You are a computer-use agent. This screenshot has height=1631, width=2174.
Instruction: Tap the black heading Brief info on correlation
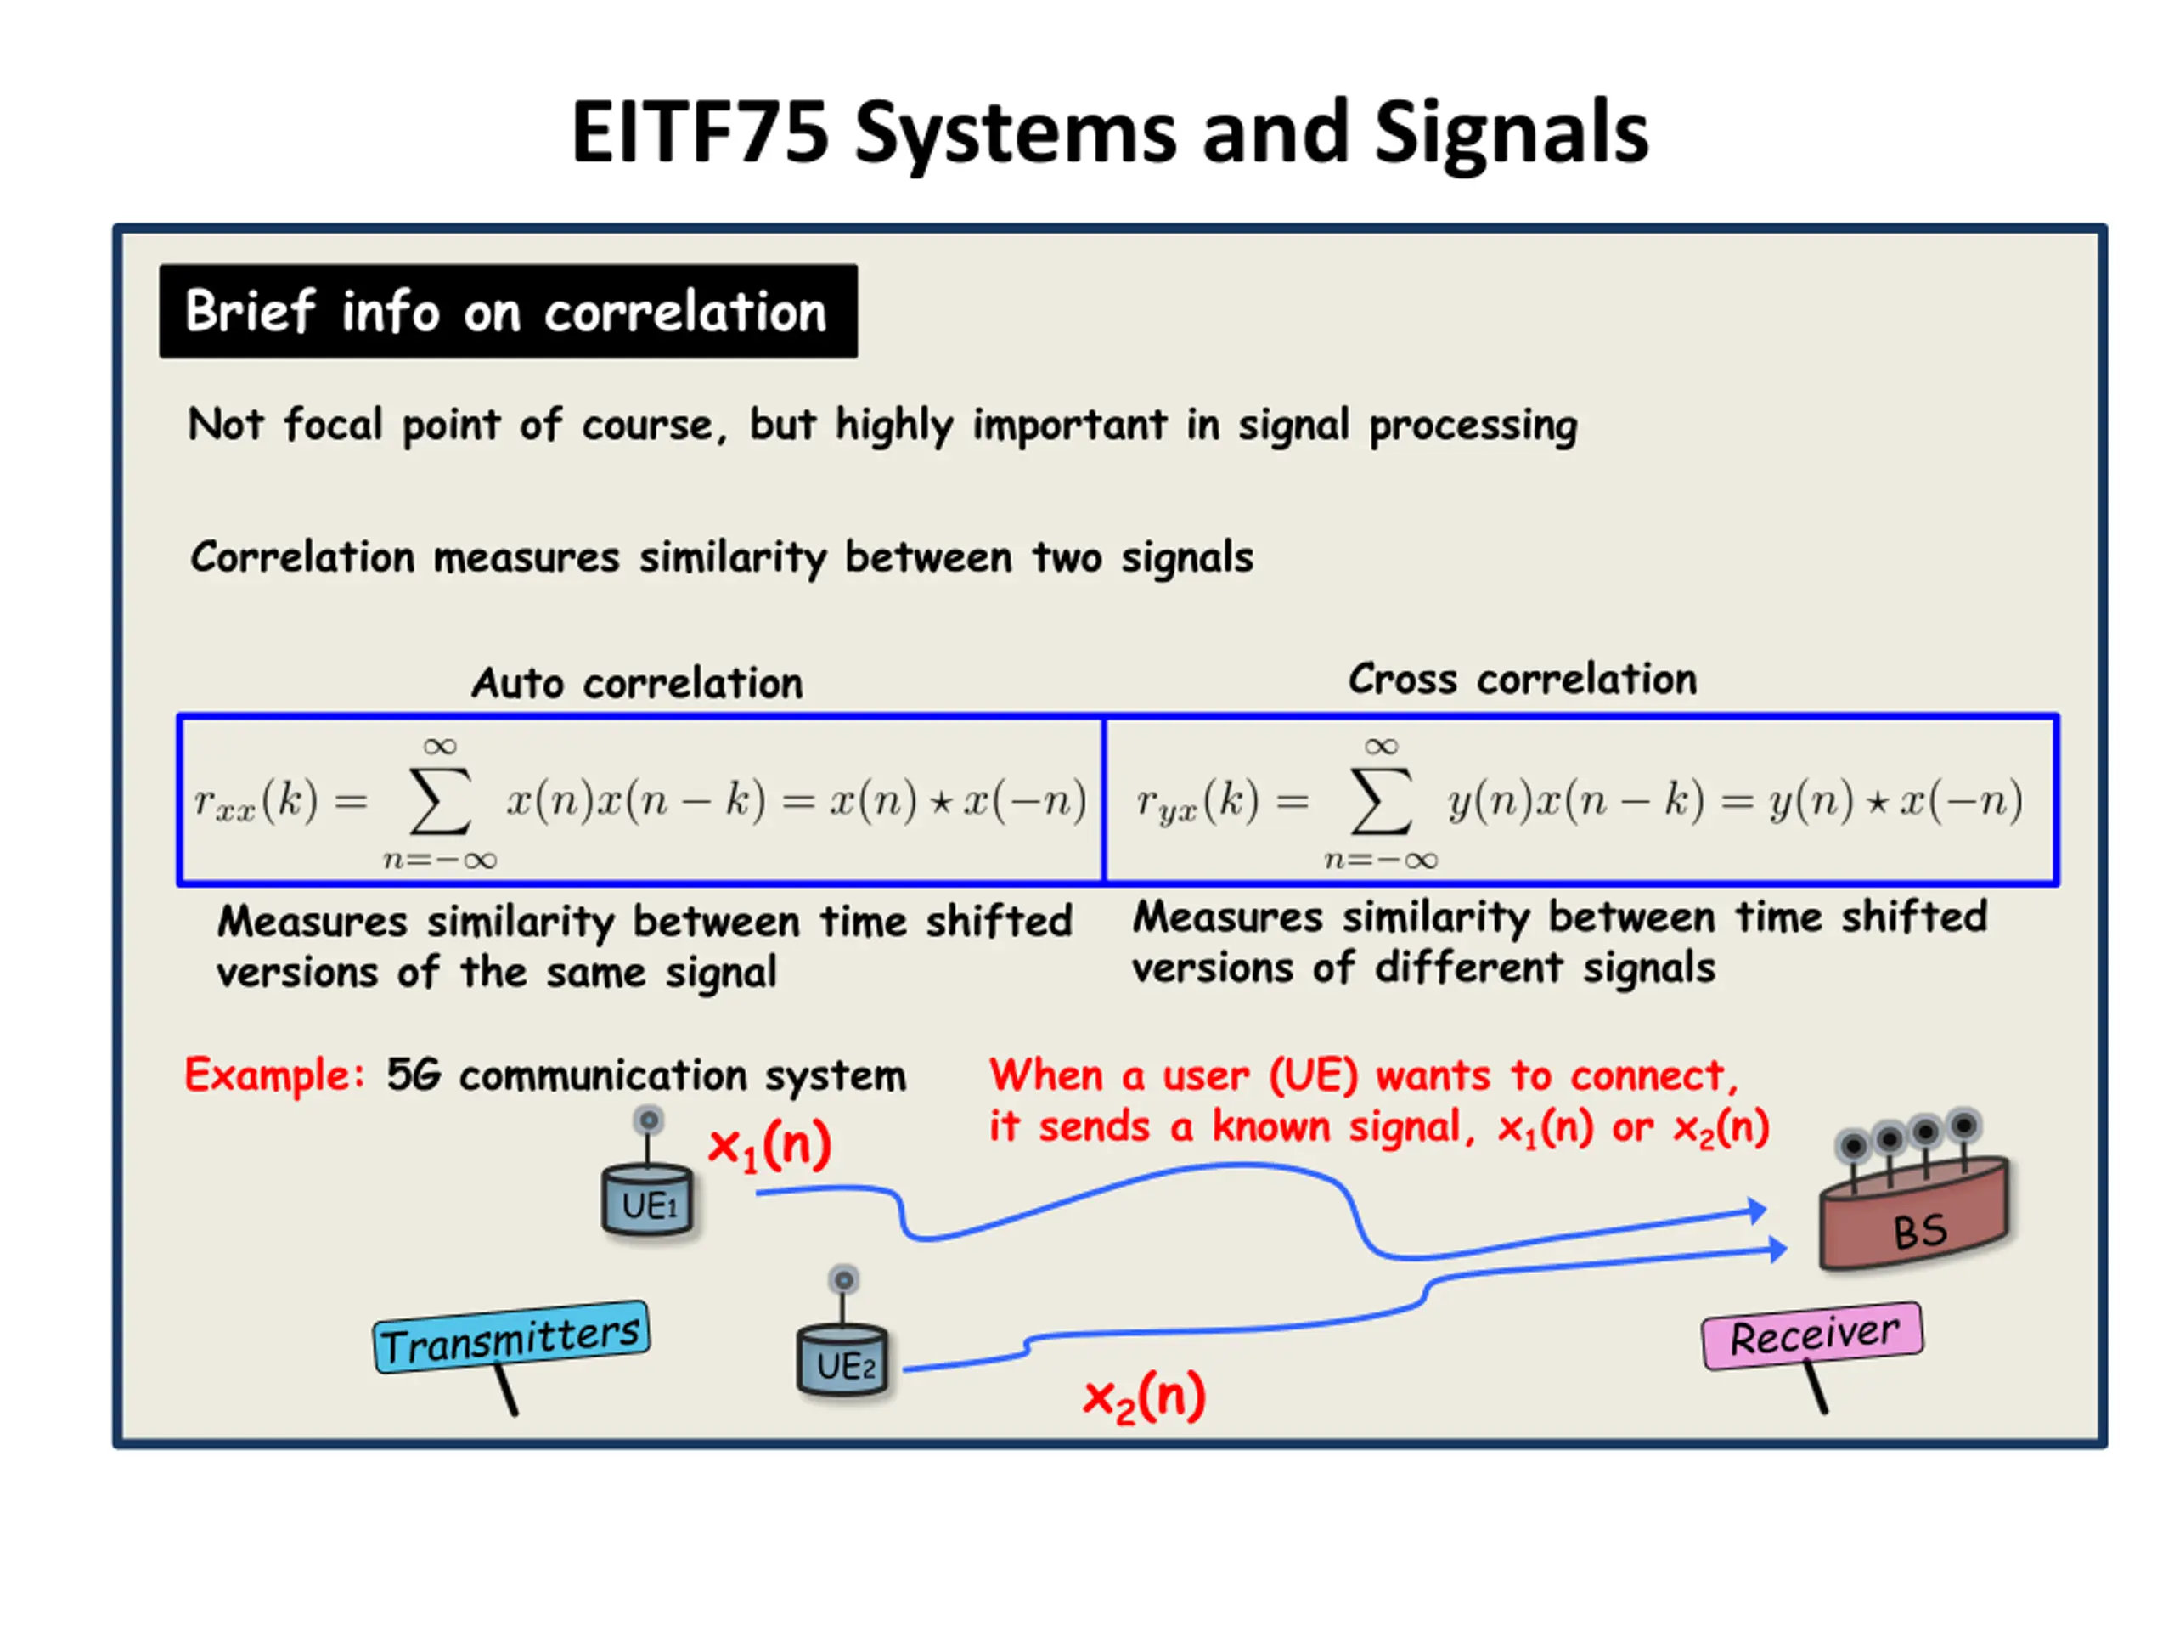pyautogui.click(x=508, y=311)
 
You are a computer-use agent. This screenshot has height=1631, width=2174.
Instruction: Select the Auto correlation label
pyautogui.click(x=637, y=682)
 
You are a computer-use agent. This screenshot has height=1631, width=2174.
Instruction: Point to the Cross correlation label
pyautogui.click(x=1523, y=679)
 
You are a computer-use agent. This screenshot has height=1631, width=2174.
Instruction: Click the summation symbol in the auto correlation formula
pyautogui.click(x=440, y=802)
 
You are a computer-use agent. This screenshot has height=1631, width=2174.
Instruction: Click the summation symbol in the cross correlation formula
pyautogui.click(x=1381, y=802)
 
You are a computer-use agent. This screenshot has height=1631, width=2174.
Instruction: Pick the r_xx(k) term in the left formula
pyautogui.click(x=256, y=800)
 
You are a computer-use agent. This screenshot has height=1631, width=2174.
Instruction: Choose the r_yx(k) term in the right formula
pyautogui.click(x=1198, y=800)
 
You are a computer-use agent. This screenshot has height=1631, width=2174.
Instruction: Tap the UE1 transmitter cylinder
pyautogui.click(x=648, y=1200)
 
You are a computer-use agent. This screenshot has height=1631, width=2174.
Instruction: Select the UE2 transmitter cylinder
pyautogui.click(x=842, y=1361)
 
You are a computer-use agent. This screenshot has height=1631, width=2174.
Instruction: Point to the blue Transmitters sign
pyautogui.click(x=511, y=1338)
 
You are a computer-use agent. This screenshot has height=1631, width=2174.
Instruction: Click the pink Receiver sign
pyautogui.click(x=1812, y=1335)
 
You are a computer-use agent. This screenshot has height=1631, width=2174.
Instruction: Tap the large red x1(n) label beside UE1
pyautogui.click(x=770, y=1145)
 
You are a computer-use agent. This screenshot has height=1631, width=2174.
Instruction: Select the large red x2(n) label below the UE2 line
pyautogui.click(x=1144, y=1397)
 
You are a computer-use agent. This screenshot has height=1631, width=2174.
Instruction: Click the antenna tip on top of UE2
pyautogui.click(x=843, y=1280)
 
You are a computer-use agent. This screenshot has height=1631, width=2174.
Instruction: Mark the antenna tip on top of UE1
pyautogui.click(x=649, y=1120)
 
